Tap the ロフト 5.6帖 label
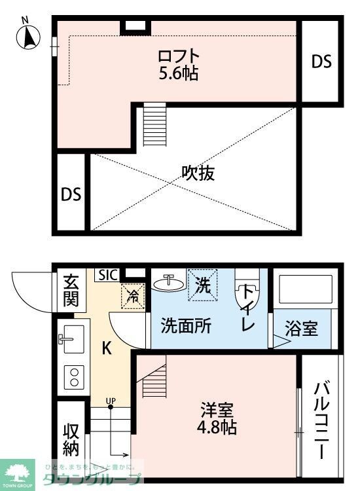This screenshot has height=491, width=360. [179, 64]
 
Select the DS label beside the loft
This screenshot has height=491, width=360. [321, 62]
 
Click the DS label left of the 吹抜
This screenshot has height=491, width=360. [71, 194]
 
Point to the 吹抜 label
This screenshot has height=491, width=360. [198, 173]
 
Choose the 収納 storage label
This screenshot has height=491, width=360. [71, 440]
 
